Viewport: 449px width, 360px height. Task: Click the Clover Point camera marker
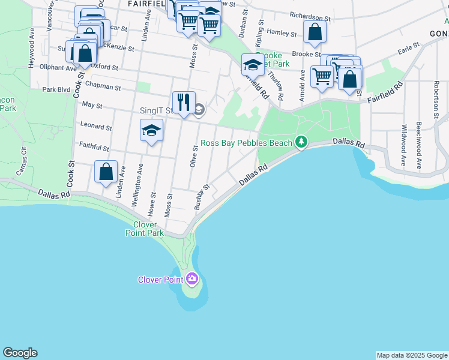pos(192,278)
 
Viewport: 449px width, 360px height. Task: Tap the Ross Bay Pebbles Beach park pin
pos(301,142)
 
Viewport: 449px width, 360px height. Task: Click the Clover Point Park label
pos(145,229)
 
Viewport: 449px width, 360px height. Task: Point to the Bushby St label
pos(202,196)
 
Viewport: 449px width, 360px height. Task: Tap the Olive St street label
pos(194,156)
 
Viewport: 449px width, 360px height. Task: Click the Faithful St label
pos(94,146)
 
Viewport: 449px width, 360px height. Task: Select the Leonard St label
pos(96,127)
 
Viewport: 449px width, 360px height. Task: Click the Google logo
pos(20,353)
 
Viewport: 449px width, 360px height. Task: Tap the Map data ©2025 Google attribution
pos(412,355)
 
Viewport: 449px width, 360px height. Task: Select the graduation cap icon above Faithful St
pos(151,130)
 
